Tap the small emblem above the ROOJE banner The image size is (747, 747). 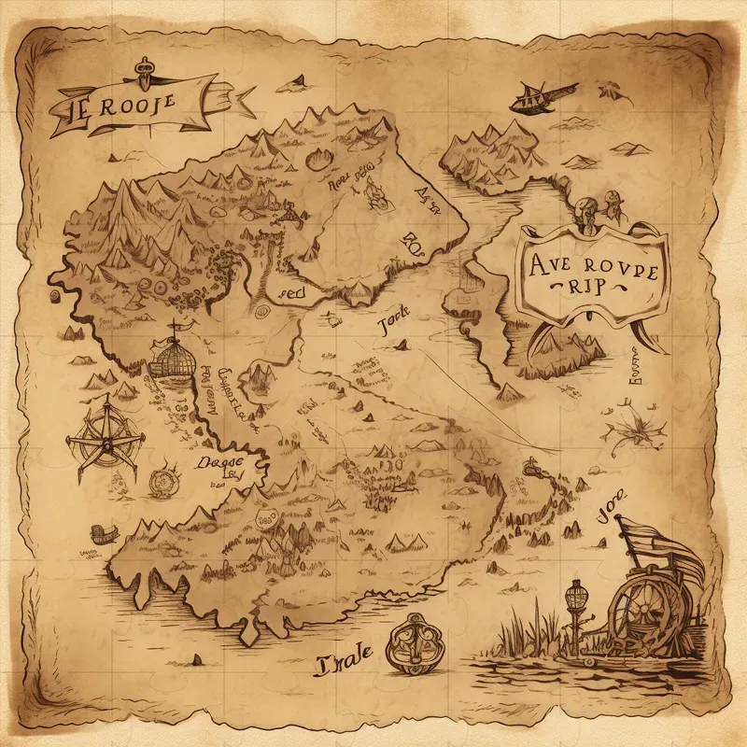(x=144, y=67)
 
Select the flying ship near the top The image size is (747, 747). (x=542, y=93)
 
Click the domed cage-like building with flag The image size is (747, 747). (x=173, y=359)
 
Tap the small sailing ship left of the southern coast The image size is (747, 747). (x=101, y=535)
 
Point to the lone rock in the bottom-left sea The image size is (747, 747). (x=197, y=659)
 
